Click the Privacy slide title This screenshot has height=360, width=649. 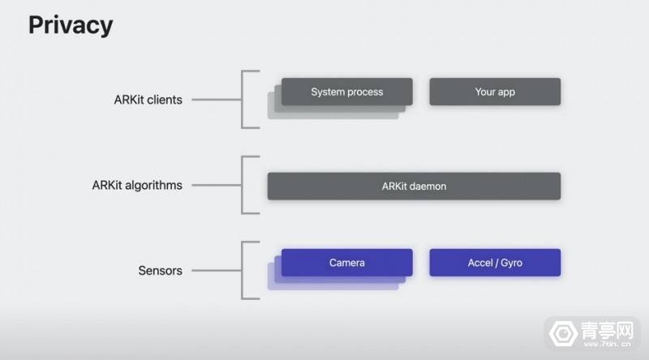tap(71, 26)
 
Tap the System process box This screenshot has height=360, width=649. tap(347, 92)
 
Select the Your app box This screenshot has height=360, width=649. tap(495, 92)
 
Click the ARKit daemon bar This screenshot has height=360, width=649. tap(414, 186)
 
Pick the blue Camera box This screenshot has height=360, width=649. tap(347, 263)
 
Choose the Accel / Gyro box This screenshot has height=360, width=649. tap(495, 263)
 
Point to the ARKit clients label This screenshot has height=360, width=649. tap(148, 100)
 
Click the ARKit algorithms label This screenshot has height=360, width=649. tap(137, 186)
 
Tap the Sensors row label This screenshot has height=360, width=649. tap(160, 271)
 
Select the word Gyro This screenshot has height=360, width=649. tap(512, 263)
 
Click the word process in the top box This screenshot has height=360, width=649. tap(363, 92)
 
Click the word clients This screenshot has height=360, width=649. tap(165, 100)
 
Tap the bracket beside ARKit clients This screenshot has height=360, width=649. tap(242, 99)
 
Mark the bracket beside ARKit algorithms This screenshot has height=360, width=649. tap(242, 185)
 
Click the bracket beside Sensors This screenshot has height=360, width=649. tap(242, 270)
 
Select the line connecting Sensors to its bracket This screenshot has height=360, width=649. tap(217, 270)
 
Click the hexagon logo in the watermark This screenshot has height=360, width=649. tap(563, 332)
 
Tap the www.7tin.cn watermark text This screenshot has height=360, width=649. tap(607, 344)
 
